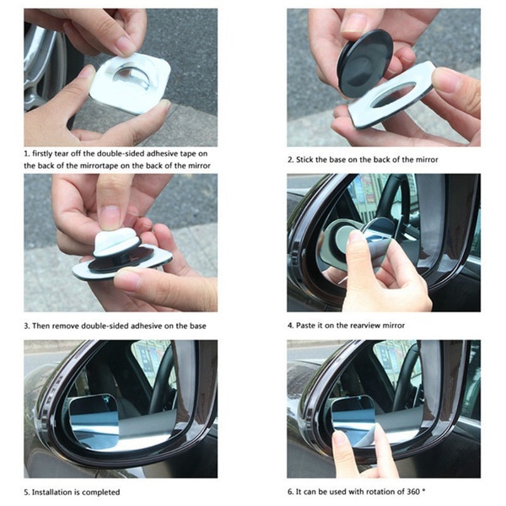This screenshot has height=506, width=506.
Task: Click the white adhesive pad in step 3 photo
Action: coord(117,240)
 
